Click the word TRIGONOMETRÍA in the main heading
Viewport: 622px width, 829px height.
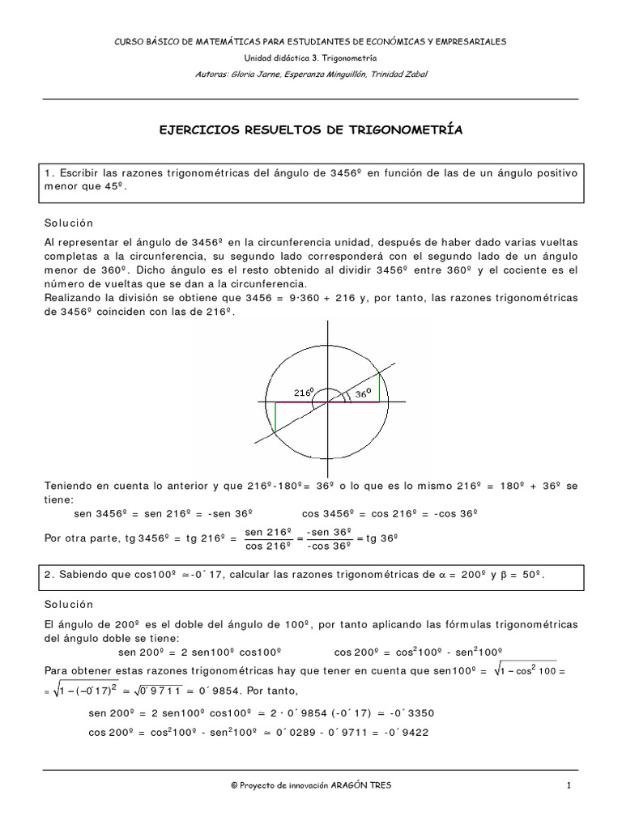click(x=406, y=130)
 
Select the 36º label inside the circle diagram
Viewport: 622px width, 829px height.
click(x=362, y=394)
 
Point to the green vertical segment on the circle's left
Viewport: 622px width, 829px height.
click(x=275, y=417)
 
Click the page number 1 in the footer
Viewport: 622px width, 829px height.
click(x=569, y=785)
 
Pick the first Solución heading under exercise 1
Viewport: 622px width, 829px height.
click(x=70, y=223)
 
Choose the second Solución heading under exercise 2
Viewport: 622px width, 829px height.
click(x=70, y=604)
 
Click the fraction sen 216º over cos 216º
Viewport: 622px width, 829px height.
click(x=266, y=538)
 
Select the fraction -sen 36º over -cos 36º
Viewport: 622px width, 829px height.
click(x=328, y=538)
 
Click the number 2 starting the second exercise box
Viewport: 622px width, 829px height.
click(x=49, y=574)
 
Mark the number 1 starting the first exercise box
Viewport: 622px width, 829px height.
click(x=49, y=172)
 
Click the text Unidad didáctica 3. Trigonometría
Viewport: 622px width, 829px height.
click(x=311, y=57)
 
